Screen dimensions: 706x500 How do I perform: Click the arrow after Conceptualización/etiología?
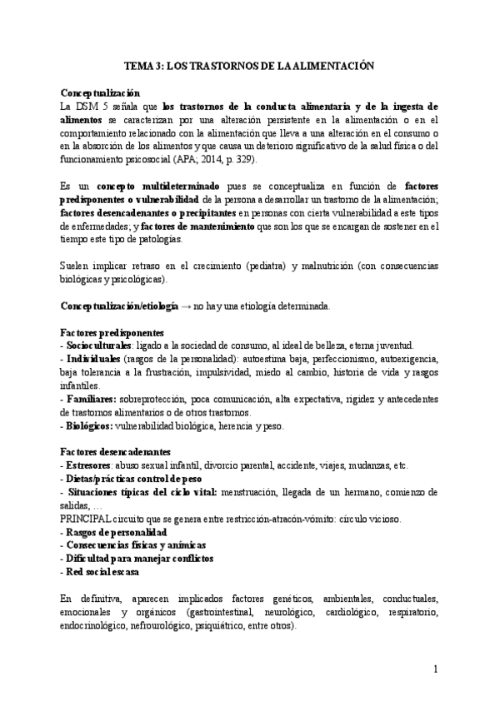pyautogui.click(x=185, y=306)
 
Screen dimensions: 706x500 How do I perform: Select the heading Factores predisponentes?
pyautogui.click(x=112, y=332)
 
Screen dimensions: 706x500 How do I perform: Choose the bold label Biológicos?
pyautogui.click(x=90, y=425)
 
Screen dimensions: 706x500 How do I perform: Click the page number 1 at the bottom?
pyautogui.click(x=435, y=669)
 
